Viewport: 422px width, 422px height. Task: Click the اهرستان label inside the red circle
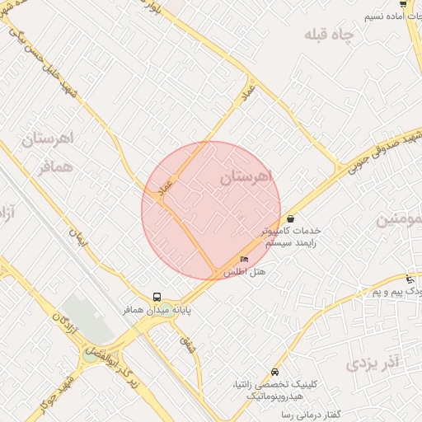(x=246, y=177)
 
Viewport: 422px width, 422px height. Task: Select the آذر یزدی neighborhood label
(x=372, y=362)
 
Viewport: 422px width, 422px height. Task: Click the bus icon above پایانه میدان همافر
(x=157, y=297)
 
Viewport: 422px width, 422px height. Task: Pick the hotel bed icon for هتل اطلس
(x=243, y=260)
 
